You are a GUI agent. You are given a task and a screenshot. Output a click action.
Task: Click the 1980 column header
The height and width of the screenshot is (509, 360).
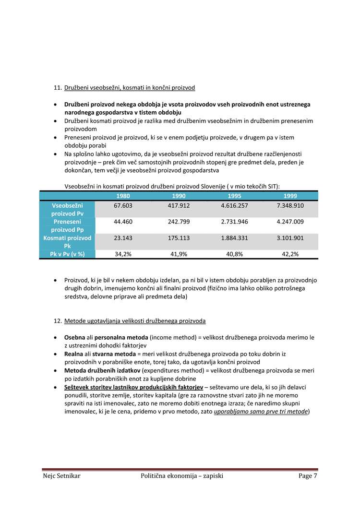[123, 196]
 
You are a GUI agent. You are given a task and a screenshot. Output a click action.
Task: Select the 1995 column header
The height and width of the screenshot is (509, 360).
[234, 196]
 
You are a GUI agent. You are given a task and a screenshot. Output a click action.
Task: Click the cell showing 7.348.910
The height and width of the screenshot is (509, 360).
[290, 205]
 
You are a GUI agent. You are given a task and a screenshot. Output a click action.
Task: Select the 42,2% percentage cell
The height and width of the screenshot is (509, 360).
[290, 254]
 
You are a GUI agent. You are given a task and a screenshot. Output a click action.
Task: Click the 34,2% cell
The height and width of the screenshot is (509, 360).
[123, 254]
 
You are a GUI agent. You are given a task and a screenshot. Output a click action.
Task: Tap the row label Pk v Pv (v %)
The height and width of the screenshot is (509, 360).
[67, 254]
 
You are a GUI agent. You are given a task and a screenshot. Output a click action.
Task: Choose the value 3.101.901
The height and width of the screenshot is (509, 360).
[290, 238]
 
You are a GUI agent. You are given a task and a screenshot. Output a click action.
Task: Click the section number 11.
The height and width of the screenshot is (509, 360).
[58, 88]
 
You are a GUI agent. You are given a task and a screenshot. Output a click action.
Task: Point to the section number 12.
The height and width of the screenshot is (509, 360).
[58, 320]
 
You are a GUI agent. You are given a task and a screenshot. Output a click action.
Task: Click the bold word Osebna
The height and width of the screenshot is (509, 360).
[74, 337]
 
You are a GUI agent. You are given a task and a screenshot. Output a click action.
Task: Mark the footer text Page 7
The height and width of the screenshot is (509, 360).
[308, 476]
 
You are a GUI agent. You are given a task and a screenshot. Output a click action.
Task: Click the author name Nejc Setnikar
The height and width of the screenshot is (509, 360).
[61, 476]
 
